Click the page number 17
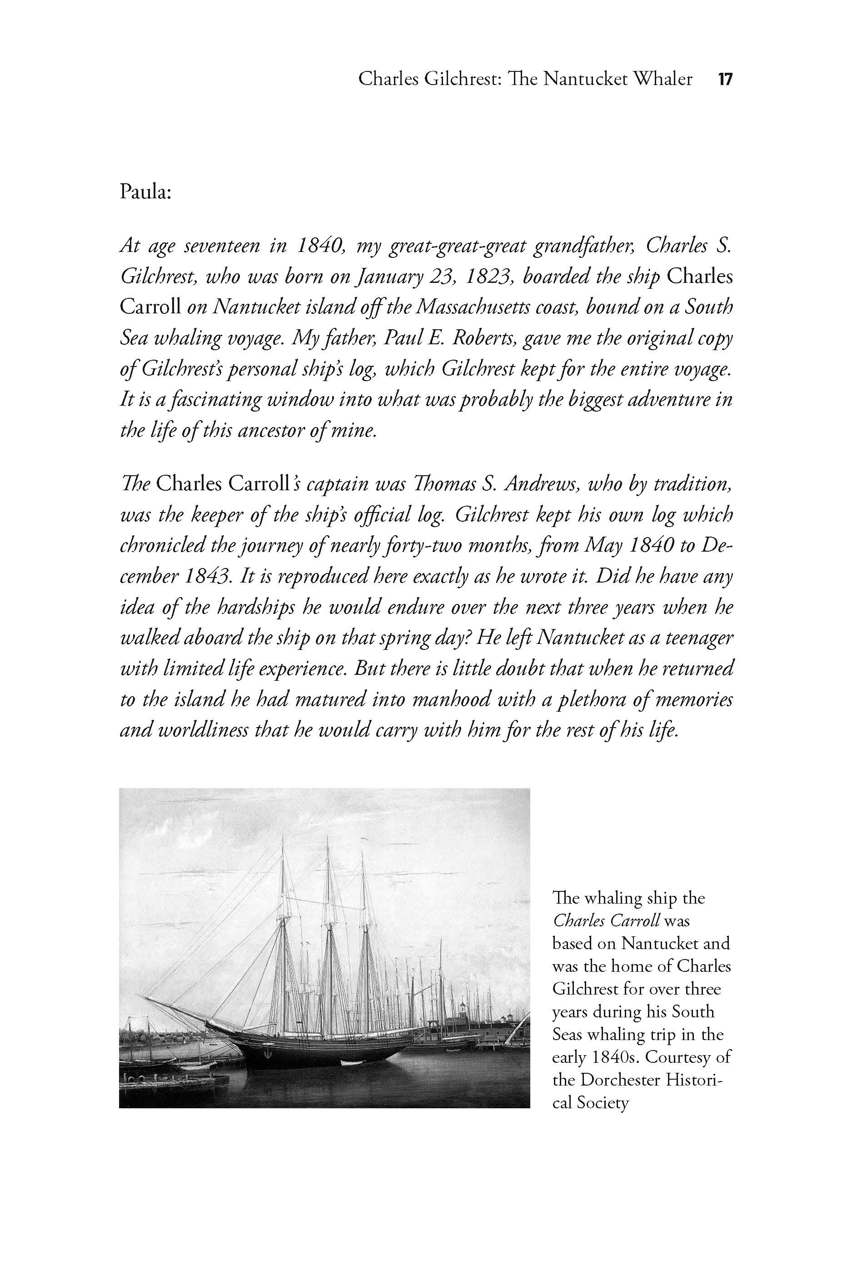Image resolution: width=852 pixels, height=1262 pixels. pos(725,80)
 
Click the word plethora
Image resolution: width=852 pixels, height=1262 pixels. pos(594,699)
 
